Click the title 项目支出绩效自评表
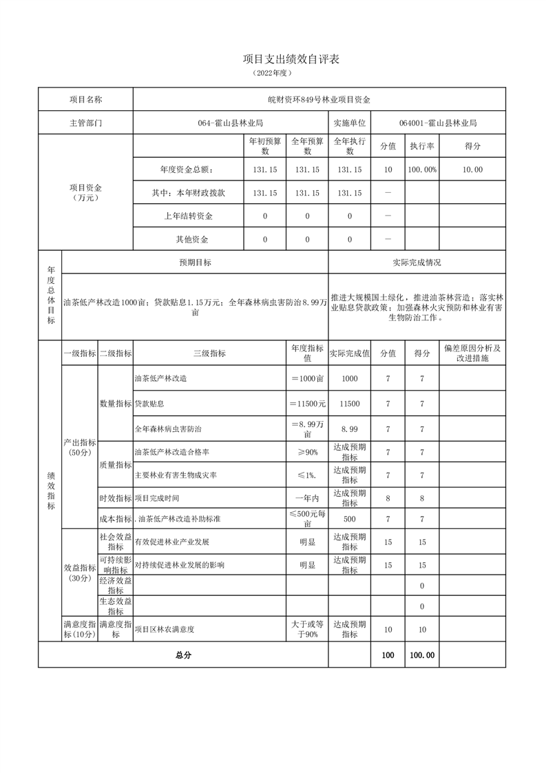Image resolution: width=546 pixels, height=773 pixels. tap(291, 60)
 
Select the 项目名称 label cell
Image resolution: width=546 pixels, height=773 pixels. tap(85, 99)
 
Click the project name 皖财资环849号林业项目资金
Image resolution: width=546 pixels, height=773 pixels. tap(319, 99)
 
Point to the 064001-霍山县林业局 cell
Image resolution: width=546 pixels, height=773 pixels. tap(438, 123)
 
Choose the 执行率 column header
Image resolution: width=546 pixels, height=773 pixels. tap(422, 146)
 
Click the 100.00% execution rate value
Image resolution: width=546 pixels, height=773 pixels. tap(422, 169)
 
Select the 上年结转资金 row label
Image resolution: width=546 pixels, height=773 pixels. tap(188, 216)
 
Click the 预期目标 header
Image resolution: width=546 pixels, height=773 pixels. tap(195, 262)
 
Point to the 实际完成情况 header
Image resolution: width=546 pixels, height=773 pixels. tap(417, 262)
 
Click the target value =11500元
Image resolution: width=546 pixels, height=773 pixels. tap(307, 404)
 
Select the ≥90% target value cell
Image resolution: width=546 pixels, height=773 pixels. tap(307, 452)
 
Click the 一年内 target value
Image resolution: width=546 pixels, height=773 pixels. tap(307, 497)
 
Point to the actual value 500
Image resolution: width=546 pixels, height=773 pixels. tap(349, 519)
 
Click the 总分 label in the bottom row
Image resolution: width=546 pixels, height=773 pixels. tap(183, 655)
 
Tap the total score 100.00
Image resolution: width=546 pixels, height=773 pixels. tap(422, 655)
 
